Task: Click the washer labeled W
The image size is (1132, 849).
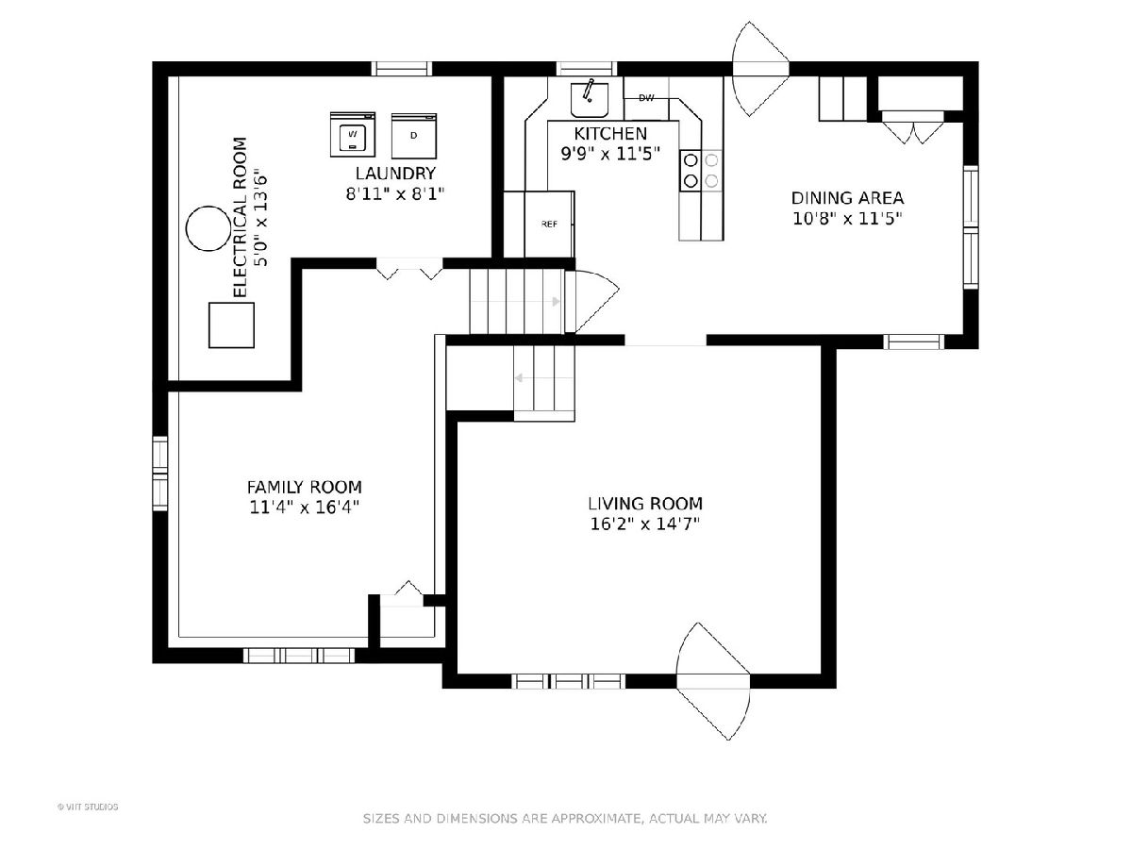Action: [353, 135]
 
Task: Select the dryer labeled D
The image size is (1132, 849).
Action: [413, 136]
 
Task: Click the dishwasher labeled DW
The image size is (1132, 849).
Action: [646, 98]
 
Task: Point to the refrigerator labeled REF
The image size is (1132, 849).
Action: [549, 224]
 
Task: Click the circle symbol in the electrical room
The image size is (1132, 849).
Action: [208, 228]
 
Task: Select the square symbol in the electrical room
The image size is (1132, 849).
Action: [231, 325]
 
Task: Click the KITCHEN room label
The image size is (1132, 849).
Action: [610, 134]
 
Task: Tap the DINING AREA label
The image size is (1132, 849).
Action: [847, 198]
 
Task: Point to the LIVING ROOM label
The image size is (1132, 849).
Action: [645, 503]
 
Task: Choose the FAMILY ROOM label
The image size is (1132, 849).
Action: [305, 487]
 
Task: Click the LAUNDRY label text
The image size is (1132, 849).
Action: [395, 174]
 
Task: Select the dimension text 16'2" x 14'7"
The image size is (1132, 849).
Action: [645, 524]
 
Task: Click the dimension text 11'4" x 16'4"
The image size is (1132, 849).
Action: [305, 508]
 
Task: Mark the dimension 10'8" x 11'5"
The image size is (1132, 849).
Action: [847, 219]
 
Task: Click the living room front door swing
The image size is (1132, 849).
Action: [713, 681]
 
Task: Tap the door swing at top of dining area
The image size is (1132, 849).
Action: [760, 69]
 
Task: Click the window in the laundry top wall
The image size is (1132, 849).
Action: [401, 69]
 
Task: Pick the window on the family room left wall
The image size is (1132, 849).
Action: [159, 474]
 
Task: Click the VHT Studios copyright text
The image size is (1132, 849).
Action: [88, 807]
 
